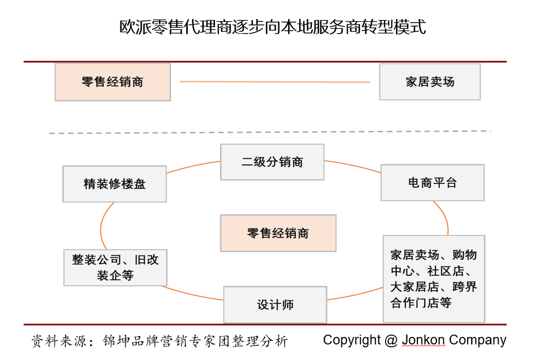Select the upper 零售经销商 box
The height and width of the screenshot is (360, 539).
pyautogui.click(x=112, y=82)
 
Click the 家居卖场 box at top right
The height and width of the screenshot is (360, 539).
pyautogui.click(x=429, y=82)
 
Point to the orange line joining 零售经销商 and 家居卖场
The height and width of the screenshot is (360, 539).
pyautogui.click(x=274, y=82)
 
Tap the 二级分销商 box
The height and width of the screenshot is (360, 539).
pyautogui.click(x=272, y=162)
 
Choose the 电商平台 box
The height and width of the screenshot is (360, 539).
pyautogui.click(x=432, y=183)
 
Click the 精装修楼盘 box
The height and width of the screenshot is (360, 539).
pyautogui.click(x=115, y=184)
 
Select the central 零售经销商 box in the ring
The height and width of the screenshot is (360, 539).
pyautogui.click(x=278, y=233)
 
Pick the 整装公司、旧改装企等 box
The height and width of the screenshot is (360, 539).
pyautogui.click(x=115, y=267)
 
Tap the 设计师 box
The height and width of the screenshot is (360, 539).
pyautogui.click(x=275, y=305)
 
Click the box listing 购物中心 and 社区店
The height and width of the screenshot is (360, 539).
pyautogui.click(x=434, y=279)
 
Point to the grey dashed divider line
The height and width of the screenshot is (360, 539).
pyautogui.click(x=269, y=132)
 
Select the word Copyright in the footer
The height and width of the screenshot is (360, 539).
pyautogui.click(x=351, y=340)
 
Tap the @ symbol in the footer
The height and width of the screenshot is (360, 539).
pyautogui.click(x=391, y=340)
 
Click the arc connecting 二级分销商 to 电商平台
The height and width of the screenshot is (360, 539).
pyautogui.click(x=353, y=166)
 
